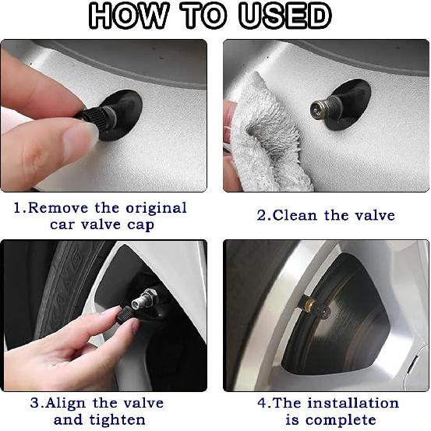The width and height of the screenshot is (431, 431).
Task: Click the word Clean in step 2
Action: coord(293,215)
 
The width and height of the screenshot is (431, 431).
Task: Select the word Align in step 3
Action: coord(67,403)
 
